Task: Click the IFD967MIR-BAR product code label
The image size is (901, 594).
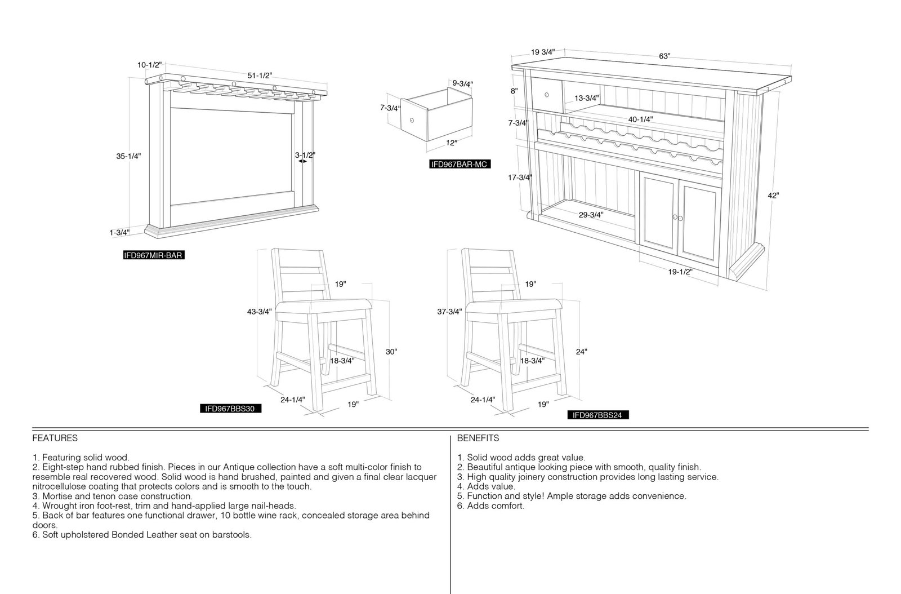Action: pyautogui.click(x=154, y=255)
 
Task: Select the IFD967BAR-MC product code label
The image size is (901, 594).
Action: pyautogui.click(x=460, y=164)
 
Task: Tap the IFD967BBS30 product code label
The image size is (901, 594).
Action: pyautogui.click(x=230, y=409)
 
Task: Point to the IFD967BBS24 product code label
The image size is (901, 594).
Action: pyautogui.click(x=597, y=415)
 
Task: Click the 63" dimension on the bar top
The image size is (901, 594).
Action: pyautogui.click(x=664, y=56)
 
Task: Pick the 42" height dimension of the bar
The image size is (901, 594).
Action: pyautogui.click(x=773, y=196)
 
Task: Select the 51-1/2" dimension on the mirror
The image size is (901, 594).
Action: pyautogui.click(x=260, y=76)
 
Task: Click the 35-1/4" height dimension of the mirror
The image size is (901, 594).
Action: pyautogui.click(x=129, y=156)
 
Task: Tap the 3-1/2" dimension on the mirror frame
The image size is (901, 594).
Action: pyautogui.click(x=305, y=155)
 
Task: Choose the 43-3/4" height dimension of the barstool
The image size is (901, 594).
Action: pyautogui.click(x=260, y=312)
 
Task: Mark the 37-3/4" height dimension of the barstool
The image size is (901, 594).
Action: pyautogui.click(x=450, y=312)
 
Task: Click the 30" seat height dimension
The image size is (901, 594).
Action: pyautogui.click(x=391, y=352)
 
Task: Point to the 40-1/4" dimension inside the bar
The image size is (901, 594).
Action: pyautogui.click(x=641, y=119)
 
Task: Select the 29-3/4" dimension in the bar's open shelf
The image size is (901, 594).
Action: pyautogui.click(x=591, y=215)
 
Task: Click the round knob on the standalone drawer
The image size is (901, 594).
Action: pyautogui.click(x=412, y=121)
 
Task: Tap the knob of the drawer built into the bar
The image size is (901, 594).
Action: pyautogui.click(x=547, y=95)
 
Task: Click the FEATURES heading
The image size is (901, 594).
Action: pyautogui.click(x=55, y=438)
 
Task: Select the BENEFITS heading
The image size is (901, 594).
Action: pyautogui.click(x=478, y=438)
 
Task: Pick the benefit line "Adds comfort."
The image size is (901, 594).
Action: pyautogui.click(x=490, y=506)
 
